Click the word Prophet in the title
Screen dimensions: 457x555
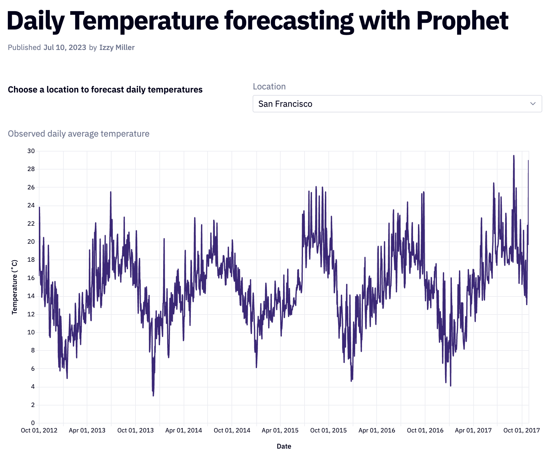coord(462,21)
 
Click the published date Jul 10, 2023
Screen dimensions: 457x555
coord(65,48)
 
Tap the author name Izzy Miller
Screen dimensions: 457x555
coord(117,48)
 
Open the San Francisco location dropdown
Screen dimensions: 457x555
coord(397,104)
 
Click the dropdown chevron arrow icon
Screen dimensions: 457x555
coord(533,104)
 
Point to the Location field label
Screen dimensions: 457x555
coord(269,87)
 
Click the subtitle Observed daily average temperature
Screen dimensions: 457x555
coord(79,134)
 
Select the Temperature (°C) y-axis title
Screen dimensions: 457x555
coord(15,287)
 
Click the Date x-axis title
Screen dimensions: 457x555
coord(284,446)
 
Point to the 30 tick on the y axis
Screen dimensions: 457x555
coord(31,151)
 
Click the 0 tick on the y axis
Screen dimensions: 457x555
coord(33,423)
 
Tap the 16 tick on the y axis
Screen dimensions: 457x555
coord(31,278)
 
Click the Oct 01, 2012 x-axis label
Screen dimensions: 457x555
coord(39,430)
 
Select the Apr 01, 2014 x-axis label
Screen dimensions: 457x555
coord(184,430)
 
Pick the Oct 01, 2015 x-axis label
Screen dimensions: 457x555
coord(328,430)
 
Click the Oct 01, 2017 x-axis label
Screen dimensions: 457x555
coord(521,430)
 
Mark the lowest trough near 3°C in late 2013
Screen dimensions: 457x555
coord(153,395)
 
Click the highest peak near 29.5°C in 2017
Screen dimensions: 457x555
coord(514,156)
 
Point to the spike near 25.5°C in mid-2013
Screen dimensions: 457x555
coord(111,192)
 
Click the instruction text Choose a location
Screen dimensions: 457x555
coord(105,90)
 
